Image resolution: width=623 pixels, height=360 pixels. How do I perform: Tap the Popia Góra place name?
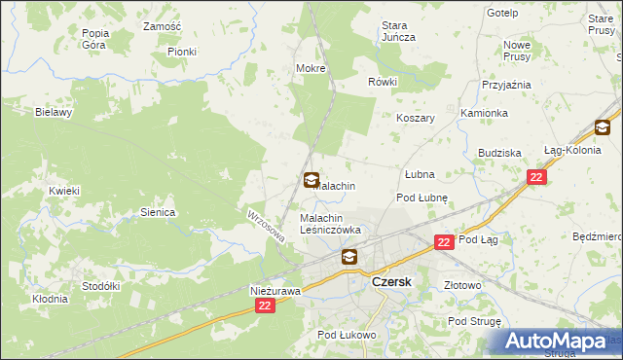(x=95, y=39)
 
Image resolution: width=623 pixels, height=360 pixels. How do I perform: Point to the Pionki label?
(x=181, y=52)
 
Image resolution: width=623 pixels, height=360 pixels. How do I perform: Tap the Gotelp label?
(x=502, y=13)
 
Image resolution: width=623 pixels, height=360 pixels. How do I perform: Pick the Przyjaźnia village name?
(x=506, y=85)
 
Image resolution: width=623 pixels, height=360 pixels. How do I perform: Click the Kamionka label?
(x=485, y=113)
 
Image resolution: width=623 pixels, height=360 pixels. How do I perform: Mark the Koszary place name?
(x=415, y=118)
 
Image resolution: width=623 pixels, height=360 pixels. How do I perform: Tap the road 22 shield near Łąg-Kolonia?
(x=536, y=176)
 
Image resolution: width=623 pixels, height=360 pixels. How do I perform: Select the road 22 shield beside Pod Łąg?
(x=444, y=241)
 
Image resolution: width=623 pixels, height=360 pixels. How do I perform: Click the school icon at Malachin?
(x=311, y=180)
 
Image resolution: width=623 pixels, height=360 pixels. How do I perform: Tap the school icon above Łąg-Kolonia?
(x=603, y=127)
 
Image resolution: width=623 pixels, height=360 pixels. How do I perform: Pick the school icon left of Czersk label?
(x=348, y=258)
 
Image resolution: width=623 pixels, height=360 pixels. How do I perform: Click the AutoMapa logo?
(x=559, y=341)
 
